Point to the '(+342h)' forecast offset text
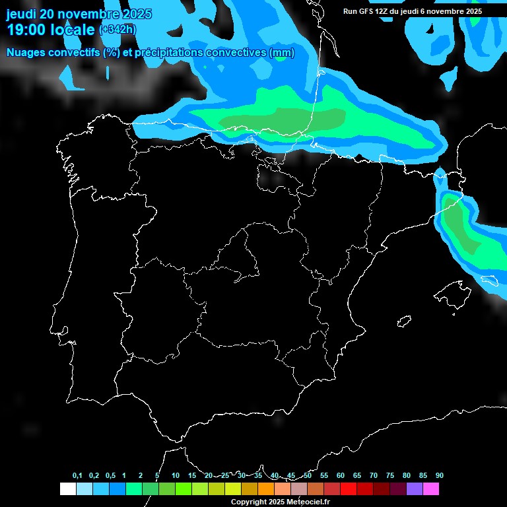click(x=117, y=29)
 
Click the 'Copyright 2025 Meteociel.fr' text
click(x=280, y=502)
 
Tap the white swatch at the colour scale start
click(x=67, y=489)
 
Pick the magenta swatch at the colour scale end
click(x=430, y=489)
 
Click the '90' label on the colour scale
click(x=439, y=475)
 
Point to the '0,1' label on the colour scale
click(x=77, y=475)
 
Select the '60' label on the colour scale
click(x=340, y=475)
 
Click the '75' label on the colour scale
click(x=389, y=475)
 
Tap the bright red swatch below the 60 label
click(x=348, y=489)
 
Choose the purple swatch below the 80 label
click(x=414, y=489)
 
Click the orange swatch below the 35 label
click(x=265, y=489)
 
